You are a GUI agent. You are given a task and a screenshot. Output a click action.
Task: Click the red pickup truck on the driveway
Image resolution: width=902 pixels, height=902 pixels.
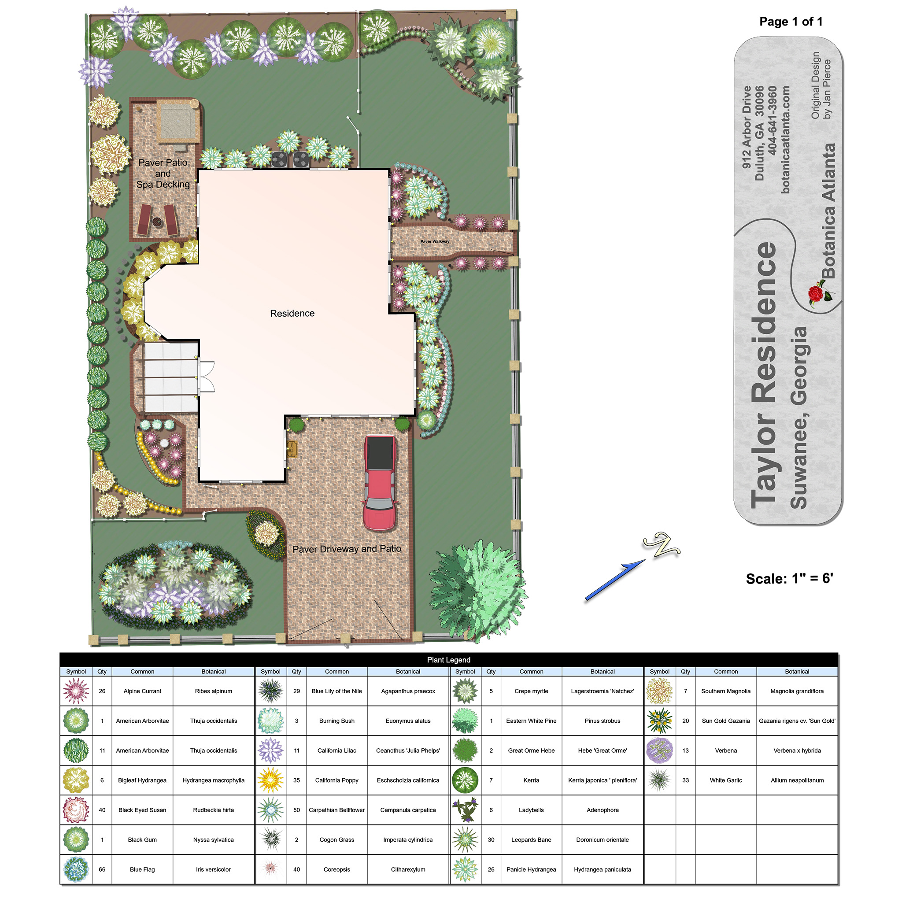(380, 483)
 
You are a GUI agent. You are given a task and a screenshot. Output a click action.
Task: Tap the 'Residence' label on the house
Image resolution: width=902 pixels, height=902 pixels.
(292, 313)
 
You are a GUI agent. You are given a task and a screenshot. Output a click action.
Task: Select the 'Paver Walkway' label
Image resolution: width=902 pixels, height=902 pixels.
(435, 241)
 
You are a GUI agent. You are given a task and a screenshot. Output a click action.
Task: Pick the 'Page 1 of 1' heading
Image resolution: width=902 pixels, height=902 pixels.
(791, 22)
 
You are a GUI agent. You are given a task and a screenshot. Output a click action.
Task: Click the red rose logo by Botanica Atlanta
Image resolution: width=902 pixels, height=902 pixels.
(820, 293)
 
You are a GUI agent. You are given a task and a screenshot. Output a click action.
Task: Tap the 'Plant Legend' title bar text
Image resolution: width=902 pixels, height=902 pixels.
(449, 660)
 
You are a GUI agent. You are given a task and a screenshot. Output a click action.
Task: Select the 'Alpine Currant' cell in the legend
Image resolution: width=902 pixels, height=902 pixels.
(142, 691)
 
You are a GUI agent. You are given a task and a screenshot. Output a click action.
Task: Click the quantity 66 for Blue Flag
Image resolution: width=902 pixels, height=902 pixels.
(102, 869)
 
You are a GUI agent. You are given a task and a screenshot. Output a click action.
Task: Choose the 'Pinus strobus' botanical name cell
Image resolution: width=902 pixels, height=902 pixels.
(602, 721)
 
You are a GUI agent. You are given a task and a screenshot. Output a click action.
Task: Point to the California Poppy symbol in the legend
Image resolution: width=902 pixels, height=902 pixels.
(270, 780)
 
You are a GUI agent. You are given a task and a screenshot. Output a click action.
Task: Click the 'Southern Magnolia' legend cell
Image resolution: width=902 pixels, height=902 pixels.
(725, 691)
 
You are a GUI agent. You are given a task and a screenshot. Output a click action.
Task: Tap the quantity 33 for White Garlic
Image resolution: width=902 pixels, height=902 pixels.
(685, 780)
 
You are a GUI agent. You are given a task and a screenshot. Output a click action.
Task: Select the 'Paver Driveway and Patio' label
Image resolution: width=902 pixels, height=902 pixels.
(347, 549)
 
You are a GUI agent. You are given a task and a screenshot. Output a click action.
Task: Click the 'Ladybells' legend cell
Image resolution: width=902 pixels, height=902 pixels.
(531, 810)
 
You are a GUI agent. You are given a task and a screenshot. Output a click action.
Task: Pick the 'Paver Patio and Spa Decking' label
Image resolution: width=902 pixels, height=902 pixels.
(163, 173)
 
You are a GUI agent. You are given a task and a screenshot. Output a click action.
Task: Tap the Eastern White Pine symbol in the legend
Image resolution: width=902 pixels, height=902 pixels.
(465, 721)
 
